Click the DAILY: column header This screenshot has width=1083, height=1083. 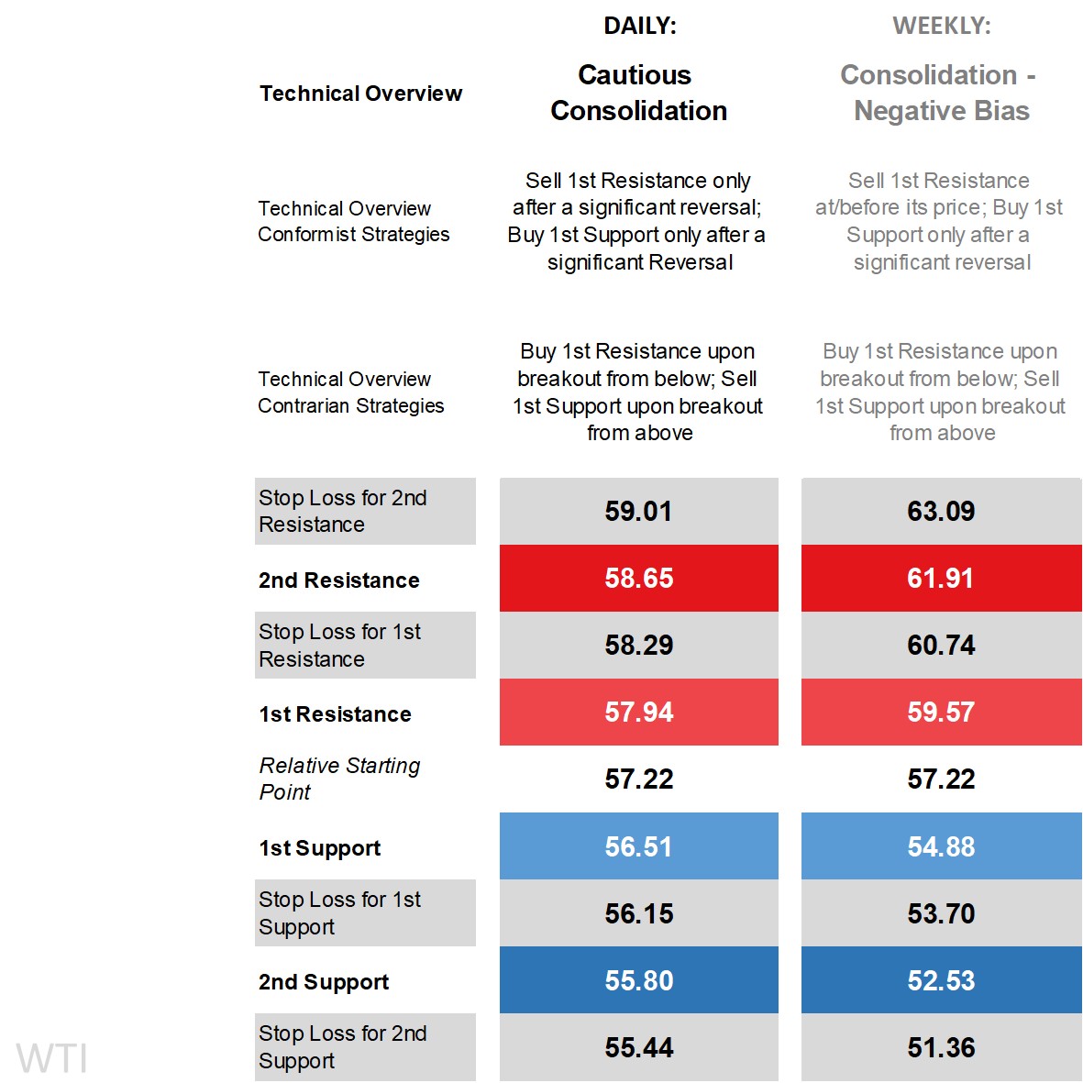click(639, 27)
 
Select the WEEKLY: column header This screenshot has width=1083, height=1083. click(941, 27)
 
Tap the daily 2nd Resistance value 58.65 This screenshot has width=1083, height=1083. click(639, 579)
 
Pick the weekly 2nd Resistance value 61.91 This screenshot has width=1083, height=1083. click(941, 579)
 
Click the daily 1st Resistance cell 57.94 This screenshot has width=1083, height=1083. click(639, 713)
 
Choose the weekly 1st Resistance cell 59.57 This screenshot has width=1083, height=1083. click(941, 713)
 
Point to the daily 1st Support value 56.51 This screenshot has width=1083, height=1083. click(639, 846)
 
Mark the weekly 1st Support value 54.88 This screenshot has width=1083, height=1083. click(941, 846)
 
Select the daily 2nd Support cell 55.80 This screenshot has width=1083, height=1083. click(639, 980)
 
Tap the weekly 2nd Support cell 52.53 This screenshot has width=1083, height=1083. click(941, 980)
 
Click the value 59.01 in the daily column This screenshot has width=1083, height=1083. click(639, 511)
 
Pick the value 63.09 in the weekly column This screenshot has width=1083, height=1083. click(941, 511)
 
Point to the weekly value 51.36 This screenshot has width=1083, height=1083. click(941, 1047)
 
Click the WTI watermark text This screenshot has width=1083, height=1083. click(52, 1058)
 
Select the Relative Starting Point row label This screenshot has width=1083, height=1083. click(339, 779)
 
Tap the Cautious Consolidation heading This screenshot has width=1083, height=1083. click(638, 93)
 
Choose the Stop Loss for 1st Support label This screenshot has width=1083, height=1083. click(339, 913)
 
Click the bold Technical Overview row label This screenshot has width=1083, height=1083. click(360, 94)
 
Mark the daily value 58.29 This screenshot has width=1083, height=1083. click(639, 646)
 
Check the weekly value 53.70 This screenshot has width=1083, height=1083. click(941, 913)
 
